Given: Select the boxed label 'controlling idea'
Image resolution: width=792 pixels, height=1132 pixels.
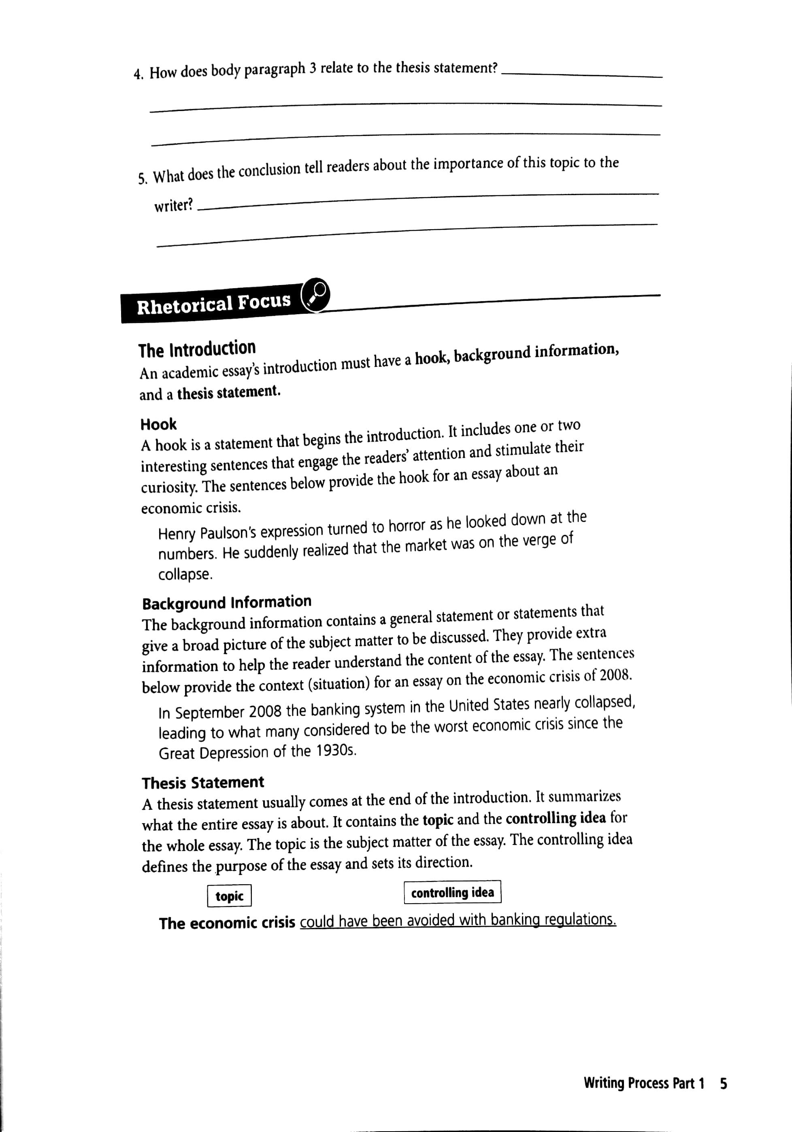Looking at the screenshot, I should tap(452, 892).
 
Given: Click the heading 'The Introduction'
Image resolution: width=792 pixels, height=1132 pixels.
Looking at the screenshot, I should tap(197, 349).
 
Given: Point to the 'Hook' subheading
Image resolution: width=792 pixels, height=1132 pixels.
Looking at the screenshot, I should tap(158, 424).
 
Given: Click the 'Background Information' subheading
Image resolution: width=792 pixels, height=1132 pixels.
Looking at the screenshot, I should tap(227, 602).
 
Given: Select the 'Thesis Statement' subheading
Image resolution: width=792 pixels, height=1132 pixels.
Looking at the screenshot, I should tap(203, 783).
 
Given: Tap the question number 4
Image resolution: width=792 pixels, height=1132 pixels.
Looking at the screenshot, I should tap(138, 74).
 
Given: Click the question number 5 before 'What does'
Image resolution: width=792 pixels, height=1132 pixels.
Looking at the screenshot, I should tap(142, 179).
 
